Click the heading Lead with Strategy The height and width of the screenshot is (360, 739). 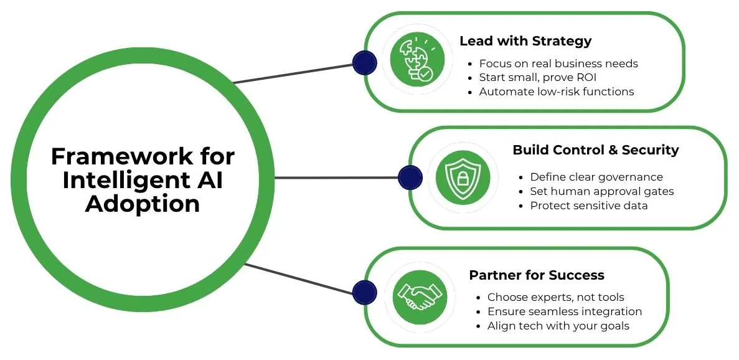[x=525, y=42]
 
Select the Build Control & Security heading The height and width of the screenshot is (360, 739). [x=595, y=150]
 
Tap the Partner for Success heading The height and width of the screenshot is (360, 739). [x=536, y=275]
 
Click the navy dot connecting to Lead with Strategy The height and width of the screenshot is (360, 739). [x=364, y=62]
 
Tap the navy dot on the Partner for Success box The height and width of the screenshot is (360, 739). [x=364, y=293]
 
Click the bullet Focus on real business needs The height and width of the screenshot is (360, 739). [x=558, y=64]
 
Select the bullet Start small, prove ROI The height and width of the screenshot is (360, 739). [x=537, y=78]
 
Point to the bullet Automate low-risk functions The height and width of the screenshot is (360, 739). [x=556, y=92]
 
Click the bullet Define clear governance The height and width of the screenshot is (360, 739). [x=596, y=178]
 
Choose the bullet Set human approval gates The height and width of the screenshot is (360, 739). [x=601, y=191]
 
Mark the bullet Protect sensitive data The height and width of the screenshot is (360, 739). [x=588, y=206]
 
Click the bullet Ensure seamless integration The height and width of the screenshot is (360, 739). [x=564, y=311]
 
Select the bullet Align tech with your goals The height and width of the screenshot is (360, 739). [x=558, y=326]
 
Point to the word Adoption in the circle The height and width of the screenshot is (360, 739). [x=143, y=204]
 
